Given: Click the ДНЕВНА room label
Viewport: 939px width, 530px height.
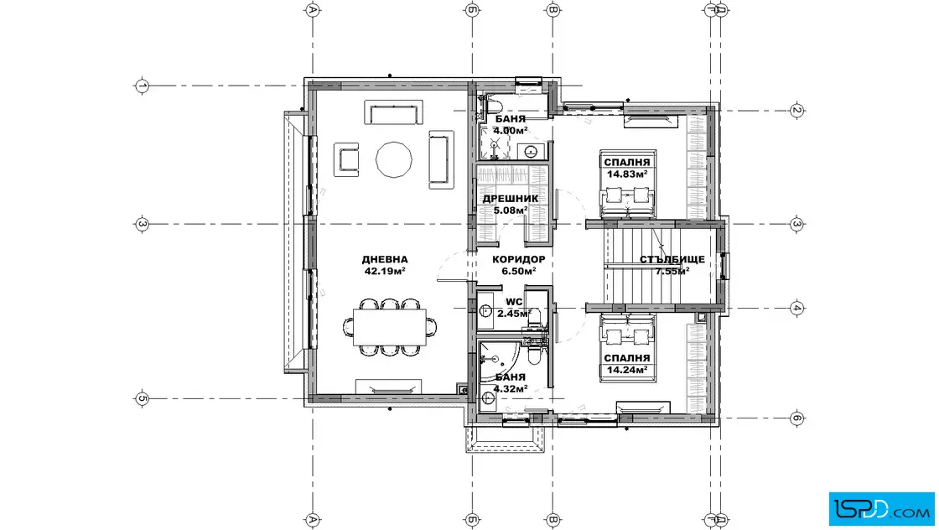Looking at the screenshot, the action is pos(385,259).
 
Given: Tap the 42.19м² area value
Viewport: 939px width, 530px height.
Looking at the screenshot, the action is pos(385,271).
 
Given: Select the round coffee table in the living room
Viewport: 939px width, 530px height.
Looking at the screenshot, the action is pos(393,160).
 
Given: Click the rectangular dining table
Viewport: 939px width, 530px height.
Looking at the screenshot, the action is pos(389,327).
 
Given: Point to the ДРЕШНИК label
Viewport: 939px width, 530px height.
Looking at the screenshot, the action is pos(511,198).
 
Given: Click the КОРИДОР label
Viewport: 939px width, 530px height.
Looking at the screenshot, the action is pos(519,259).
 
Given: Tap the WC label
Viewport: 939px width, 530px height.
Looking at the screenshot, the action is pos(514,302).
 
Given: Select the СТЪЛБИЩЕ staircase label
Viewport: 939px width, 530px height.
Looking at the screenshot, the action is pos(672,259).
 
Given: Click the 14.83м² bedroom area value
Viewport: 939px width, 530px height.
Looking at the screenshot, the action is pos(627,174).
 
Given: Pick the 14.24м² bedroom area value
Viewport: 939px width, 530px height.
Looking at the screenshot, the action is pos(627,370).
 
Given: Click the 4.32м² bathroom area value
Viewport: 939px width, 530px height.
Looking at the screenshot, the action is pos(511,388).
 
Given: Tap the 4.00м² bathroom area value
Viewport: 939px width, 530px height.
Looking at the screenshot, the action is pos(511,130).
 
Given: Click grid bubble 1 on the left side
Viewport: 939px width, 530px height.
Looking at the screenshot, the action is pos(142,86).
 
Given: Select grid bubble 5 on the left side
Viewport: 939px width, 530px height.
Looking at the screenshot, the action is pos(142,398).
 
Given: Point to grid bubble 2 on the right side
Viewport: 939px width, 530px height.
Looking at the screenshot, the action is pos(796,110).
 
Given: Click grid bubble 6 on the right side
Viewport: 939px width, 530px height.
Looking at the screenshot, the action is pos(796,418).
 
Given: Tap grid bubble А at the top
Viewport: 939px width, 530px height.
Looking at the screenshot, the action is pos(312,9).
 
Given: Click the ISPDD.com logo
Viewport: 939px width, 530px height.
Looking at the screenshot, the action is pos(881,508).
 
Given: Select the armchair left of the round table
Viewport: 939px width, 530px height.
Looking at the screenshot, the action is pos(346,159).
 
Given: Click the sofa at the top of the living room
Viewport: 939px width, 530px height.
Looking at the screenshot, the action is pos(393,112).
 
